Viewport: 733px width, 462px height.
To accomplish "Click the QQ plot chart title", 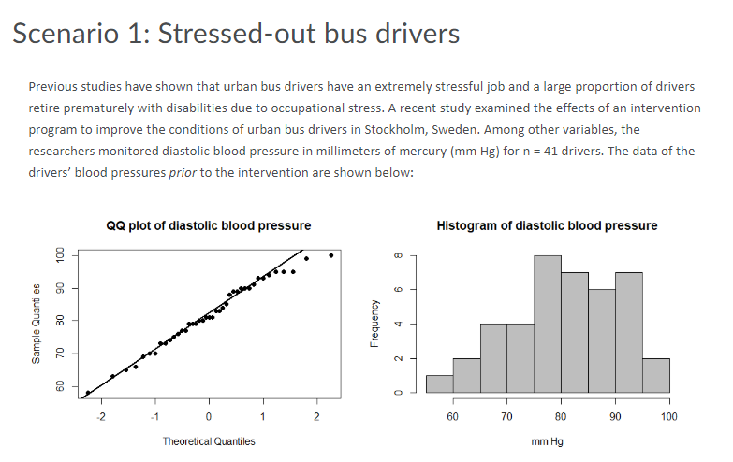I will [209, 225].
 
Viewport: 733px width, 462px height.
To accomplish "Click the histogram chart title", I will [547, 225].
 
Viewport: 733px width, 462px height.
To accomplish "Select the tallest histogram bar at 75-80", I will [547, 324].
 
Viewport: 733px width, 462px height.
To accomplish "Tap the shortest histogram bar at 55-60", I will [438, 383].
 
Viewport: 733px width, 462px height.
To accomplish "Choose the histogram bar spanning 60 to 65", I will [465, 375].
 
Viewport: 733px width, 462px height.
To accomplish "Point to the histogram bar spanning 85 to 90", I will [601, 340].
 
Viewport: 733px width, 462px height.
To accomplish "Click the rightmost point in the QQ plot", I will [330, 255].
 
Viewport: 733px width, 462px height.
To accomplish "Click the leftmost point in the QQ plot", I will [88, 393].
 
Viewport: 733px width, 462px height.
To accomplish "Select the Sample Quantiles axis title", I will [37, 323].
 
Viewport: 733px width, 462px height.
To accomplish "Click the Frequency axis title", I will [374, 323].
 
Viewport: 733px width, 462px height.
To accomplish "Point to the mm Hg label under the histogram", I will [547, 441].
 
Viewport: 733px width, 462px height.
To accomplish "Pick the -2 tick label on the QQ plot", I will [102, 416].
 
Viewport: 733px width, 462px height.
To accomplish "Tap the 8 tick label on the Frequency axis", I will [399, 255].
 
